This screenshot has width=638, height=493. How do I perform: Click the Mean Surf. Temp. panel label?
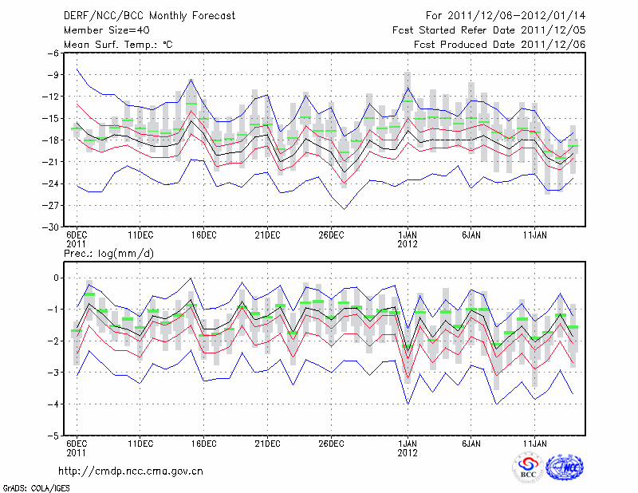click(x=118, y=45)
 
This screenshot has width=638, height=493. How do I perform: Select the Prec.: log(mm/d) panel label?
click(x=108, y=253)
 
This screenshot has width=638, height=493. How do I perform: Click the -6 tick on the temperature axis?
click(x=54, y=53)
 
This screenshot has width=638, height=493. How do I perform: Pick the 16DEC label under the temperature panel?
click(x=203, y=235)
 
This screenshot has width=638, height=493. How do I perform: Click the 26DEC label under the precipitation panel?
click(x=331, y=445)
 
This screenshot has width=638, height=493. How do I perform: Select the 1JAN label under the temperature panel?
click(x=408, y=235)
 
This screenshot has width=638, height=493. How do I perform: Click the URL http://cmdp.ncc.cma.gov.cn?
click(x=131, y=471)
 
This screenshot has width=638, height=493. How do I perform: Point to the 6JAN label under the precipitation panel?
click(x=471, y=445)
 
